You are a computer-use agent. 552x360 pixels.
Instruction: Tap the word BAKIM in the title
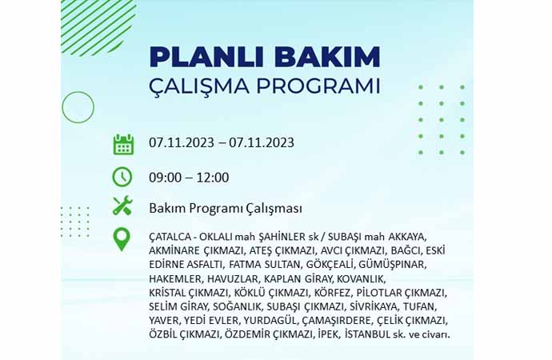tap(328, 57)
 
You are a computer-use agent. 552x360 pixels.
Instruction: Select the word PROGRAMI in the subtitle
tap(318, 86)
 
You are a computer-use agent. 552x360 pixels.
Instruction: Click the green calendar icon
tap(123, 144)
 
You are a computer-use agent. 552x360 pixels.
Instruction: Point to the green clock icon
tap(122, 177)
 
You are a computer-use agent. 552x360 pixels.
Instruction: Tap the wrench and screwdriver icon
tap(122, 206)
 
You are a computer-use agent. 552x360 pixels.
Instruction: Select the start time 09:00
tap(165, 178)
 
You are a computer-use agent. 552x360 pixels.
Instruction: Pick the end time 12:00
tap(213, 178)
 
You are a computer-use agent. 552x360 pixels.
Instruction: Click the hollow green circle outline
tap(78, 91)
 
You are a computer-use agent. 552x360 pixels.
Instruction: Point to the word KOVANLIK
tap(361, 279)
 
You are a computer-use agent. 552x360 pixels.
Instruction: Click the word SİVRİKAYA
tap(374, 307)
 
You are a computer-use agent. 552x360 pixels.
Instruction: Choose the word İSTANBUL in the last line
tap(368, 334)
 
